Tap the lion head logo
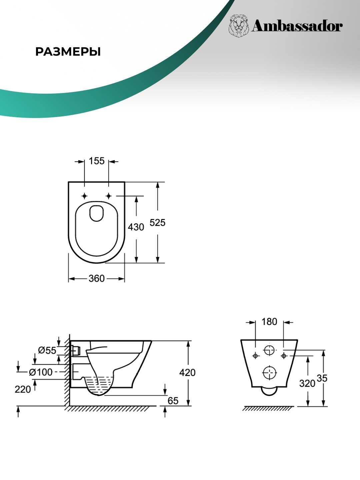click(239, 26)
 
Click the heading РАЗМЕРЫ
click(68, 52)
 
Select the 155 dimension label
click(97, 161)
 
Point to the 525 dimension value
click(157, 223)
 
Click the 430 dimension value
click(136, 227)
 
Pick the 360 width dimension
click(97, 278)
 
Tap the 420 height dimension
click(187, 372)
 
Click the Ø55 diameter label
click(47, 350)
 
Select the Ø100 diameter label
click(41, 372)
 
